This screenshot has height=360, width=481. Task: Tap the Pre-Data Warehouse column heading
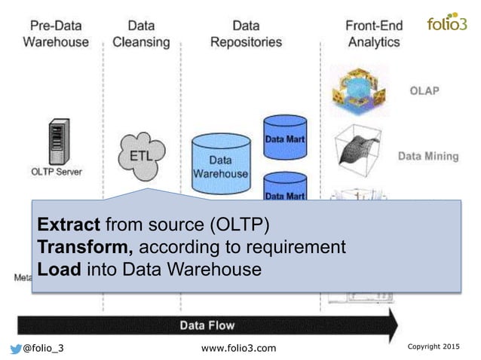click(55, 33)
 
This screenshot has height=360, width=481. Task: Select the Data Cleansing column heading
click(141, 33)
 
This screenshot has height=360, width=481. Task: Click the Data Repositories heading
click(247, 33)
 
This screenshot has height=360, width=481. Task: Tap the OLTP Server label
click(55, 171)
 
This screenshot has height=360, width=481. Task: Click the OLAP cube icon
click(359, 90)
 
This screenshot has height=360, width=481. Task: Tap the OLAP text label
click(424, 91)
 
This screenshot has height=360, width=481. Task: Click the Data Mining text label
click(427, 157)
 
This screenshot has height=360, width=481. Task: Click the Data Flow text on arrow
click(207, 325)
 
